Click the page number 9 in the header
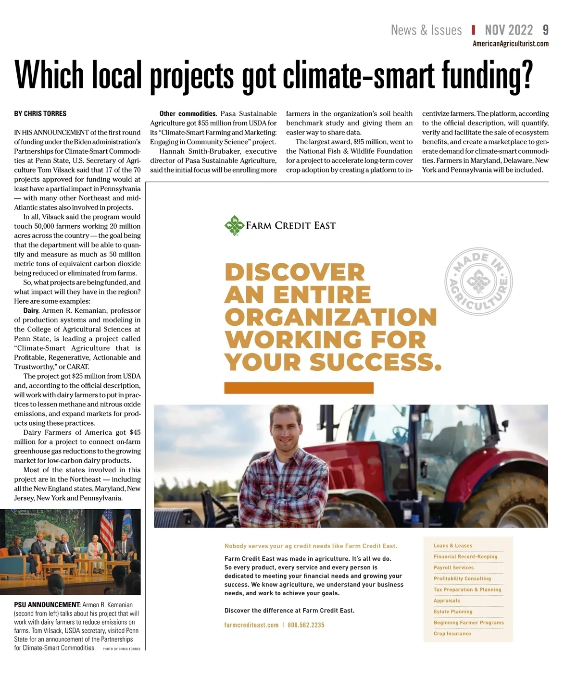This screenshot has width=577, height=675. pos(545,30)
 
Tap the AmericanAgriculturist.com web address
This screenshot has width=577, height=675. pos(511,44)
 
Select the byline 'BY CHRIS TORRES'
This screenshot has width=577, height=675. pos(40,114)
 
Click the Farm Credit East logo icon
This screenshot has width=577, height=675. pos(234,225)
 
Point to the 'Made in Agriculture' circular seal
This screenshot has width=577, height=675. pos(478,282)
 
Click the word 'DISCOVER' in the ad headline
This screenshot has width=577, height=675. pos(295,272)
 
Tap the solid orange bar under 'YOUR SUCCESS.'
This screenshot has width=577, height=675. pos(299,388)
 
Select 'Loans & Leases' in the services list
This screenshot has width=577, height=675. pos(453,546)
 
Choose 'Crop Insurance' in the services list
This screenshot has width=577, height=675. pos(452,634)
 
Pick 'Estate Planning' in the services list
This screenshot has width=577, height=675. pos(453,612)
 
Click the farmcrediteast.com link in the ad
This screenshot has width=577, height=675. pos(251,625)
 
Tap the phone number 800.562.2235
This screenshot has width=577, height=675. pos(306,625)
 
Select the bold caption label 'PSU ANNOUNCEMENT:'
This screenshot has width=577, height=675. pos(47,605)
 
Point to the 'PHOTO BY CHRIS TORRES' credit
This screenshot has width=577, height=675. pos(122,649)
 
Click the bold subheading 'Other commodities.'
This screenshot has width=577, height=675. pos(188,114)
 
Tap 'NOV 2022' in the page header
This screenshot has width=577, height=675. pos(509,30)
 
